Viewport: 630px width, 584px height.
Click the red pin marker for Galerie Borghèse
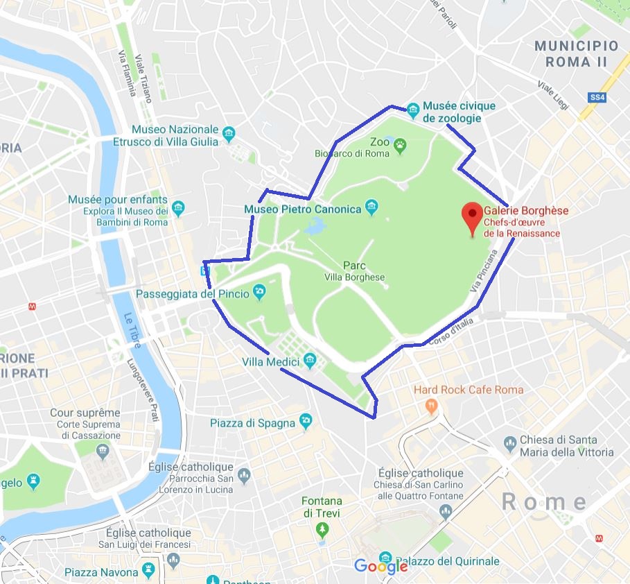[474, 216]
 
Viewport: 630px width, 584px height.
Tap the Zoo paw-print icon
[401, 144]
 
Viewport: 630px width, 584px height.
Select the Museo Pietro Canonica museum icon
[371, 207]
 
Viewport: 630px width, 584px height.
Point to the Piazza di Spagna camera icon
[306, 421]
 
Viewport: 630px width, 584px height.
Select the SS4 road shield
[597, 98]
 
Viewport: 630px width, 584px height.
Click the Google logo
[380, 567]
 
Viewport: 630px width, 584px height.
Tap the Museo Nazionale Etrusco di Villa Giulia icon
[229, 132]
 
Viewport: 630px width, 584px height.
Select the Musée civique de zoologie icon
[413, 109]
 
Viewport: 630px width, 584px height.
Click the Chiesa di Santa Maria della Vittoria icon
[510, 442]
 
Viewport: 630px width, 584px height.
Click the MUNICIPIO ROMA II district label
[576, 53]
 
